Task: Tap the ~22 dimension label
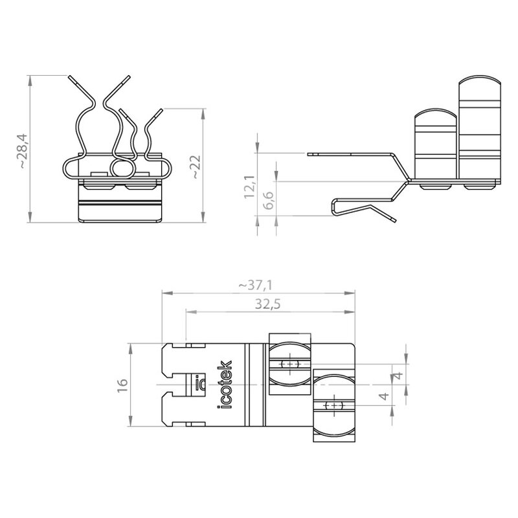click(196, 167)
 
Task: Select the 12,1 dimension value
click(250, 186)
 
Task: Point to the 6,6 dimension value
click(268, 200)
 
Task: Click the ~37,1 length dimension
click(256, 285)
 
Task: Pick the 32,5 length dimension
click(267, 304)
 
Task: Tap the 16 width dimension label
click(122, 385)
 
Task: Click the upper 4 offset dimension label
click(398, 376)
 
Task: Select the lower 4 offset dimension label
click(384, 396)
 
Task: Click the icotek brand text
click(225, 385)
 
